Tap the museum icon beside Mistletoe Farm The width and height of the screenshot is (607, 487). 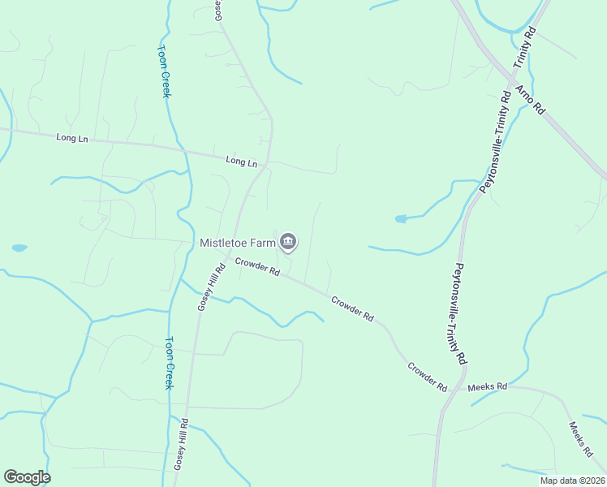click(x=288, y=242)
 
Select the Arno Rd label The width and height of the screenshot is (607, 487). click(x=528, y=96)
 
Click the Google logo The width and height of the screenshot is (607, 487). click(x=27, y=477)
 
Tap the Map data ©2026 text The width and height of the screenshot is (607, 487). click(x=572, y=481)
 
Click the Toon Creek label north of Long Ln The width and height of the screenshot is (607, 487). click(x=163, y=70)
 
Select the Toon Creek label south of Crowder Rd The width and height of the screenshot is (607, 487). click(x=170, y=362)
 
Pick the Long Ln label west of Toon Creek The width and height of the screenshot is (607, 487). click(x=72, y=138)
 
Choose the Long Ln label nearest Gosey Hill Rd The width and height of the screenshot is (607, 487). click(x=241, y=162)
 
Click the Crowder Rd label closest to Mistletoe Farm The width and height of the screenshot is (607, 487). click(x=257, y=266)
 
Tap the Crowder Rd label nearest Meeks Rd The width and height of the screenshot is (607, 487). click(x=428, y=377)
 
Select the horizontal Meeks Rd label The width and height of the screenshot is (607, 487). click(x=487, y=387)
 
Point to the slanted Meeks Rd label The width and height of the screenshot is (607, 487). click(x=583, y=439)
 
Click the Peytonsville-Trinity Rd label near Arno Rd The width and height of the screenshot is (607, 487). click(x=495, y=141)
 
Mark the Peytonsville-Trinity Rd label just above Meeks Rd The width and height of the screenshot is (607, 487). click(x=460, y=312)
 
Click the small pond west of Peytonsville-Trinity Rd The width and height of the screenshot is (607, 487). click(x=400, y=218)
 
